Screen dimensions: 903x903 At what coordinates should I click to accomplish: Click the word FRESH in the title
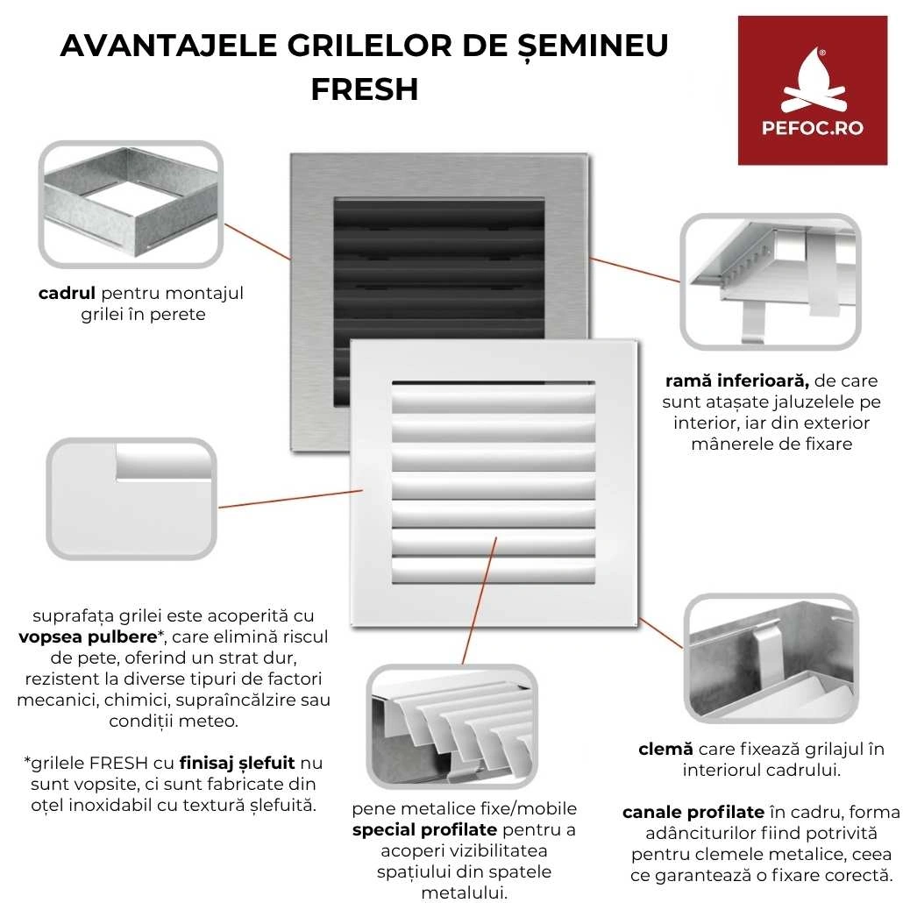tap(364, 89)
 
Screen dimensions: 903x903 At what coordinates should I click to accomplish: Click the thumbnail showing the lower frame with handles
tap(770, 281)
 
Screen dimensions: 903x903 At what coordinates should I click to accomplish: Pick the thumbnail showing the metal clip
tap(770, 658)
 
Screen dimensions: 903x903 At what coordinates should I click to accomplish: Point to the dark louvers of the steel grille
tap(438, 254)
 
